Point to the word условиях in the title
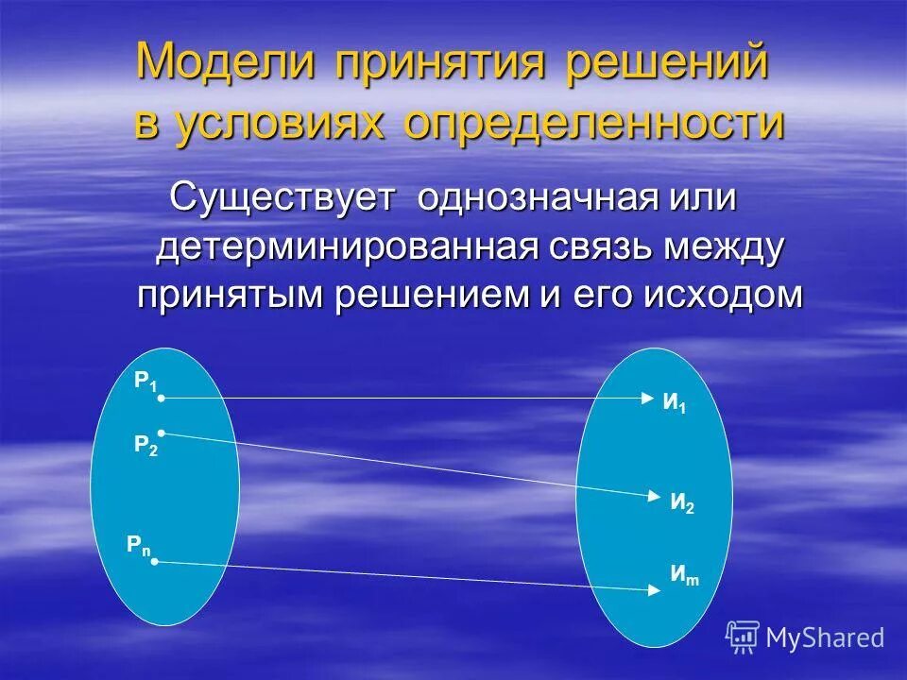point(281,125)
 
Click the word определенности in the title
point(595,125)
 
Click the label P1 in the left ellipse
point(145,382)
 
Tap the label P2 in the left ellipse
point(145,446)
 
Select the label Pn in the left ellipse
point(139,545)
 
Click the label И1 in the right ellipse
point(674,403)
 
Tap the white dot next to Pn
point(155,562)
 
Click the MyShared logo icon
point(743,637)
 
